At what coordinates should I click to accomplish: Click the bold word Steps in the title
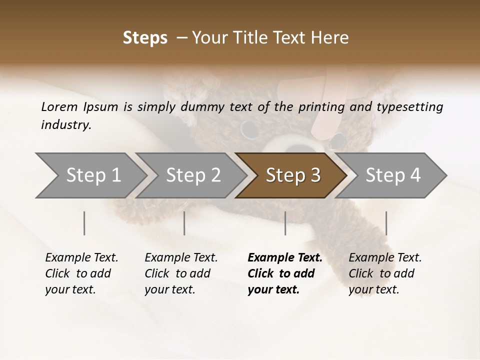click(x=145, y=38)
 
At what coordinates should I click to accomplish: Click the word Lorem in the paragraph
click(x=59, y=106)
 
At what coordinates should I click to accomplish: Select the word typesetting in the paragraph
click(x=406, y=106)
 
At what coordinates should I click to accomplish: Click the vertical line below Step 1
click(x=84, y=223)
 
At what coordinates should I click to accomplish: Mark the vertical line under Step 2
click(x=184, y=223)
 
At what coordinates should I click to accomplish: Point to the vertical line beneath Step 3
click(x=285, y=223)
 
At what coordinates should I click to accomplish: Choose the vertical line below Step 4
click(x=386, y=223)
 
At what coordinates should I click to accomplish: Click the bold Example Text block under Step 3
click(x=284, y=273)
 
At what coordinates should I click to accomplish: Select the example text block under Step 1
click(x=81, y=273)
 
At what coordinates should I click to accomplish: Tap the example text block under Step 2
click(x=181, y=273)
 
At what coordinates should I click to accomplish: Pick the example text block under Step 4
click(x=385, y=273)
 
